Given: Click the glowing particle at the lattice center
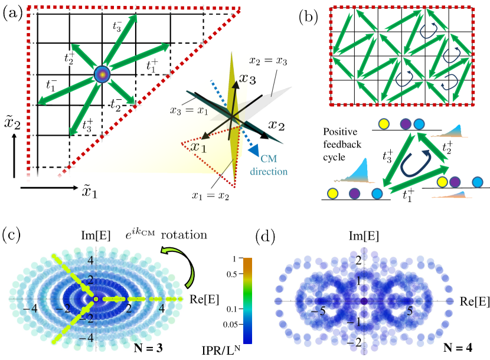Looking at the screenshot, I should click(x=102, y=75).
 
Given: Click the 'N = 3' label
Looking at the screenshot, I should click(x=146, y=345).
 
